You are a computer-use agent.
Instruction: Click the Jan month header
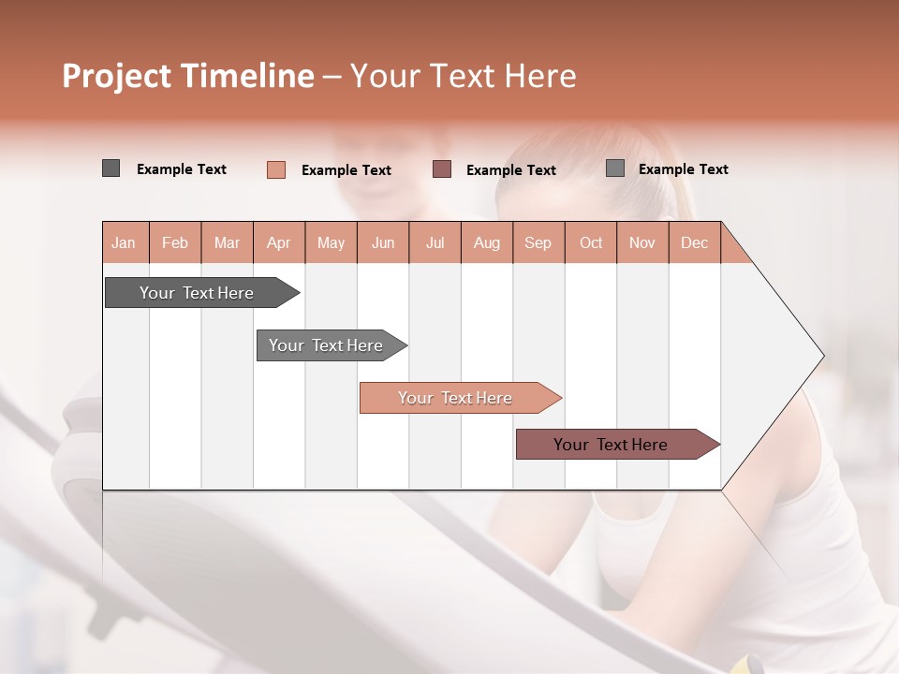point(124,242)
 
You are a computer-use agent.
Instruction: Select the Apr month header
point(279,242)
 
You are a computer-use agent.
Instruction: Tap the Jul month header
point(435,242)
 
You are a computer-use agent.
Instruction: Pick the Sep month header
point(538,242)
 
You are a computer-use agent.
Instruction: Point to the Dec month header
point(694,242)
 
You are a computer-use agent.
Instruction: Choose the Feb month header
point(175,242)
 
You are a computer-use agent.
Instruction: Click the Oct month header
point(591,242)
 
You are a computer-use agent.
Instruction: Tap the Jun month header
point(383,242)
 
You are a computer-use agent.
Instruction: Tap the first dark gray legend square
point(111,168)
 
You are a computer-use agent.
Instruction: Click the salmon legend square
point(275,169)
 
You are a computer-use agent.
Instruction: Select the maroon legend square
point(442,168)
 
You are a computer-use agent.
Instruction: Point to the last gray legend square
point(614,168)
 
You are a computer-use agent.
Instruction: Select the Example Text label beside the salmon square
point(346,170)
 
